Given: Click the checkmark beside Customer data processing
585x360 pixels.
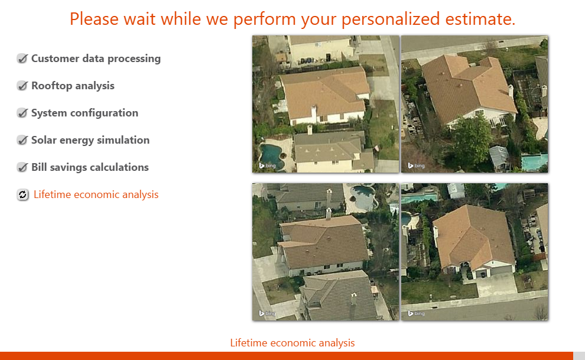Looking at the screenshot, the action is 22,59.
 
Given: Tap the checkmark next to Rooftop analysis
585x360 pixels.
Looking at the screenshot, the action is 22,86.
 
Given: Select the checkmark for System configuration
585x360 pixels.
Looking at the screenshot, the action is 22,113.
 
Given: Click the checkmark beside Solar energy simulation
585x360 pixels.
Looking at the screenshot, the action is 22,140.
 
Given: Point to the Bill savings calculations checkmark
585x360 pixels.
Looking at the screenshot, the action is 22,167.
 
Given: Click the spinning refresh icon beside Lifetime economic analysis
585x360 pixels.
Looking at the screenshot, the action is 23,194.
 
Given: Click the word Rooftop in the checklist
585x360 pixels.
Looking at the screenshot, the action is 52,86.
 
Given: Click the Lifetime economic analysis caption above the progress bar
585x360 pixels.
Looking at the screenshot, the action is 292,343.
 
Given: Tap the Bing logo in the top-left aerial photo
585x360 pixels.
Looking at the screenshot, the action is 267,166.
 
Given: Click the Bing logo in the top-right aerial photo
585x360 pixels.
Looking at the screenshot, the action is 416,166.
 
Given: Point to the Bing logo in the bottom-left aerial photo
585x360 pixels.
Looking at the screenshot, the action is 267,313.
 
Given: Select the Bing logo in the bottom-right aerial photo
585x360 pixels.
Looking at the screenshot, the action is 416,313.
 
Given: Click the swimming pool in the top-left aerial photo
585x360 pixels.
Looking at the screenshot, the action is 271,156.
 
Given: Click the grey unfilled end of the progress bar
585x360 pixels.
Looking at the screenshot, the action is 579,356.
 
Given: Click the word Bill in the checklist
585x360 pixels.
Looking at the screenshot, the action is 39,167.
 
